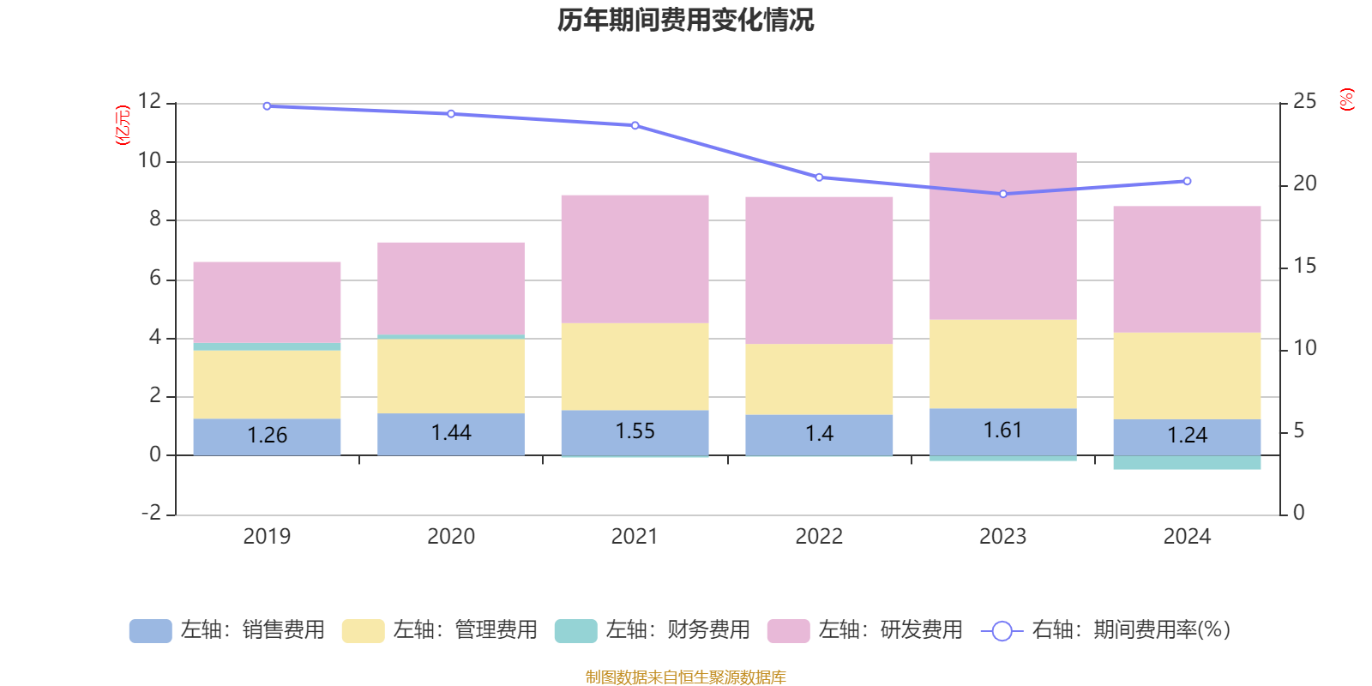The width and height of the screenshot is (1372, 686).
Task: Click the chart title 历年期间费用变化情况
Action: (x=685, y=20)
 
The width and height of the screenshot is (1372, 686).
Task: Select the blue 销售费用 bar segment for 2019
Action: (x=267, y=436)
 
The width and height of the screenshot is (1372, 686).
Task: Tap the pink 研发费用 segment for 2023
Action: (x=1002, y=236)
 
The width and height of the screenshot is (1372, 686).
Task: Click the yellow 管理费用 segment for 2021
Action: (x=635, y=366)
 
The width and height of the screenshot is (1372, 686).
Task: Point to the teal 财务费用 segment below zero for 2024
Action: (x=1187, y=463)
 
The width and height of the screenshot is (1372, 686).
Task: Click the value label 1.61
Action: (x=1002, y=430)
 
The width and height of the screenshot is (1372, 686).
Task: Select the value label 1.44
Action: (x=451, y=433)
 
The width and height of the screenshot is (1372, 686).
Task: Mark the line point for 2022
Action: (x=819, y=178)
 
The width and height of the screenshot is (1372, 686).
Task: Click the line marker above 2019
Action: (x=267, y=106)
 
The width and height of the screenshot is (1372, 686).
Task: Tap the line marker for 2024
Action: (x=1187, y=181)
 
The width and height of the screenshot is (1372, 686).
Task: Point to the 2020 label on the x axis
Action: (x=451, y=537)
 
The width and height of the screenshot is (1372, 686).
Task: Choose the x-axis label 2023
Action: (x=1002, y=537)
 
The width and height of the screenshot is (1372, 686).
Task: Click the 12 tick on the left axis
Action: (x=149, y=101)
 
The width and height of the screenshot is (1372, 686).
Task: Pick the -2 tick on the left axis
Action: (x=152, y=513)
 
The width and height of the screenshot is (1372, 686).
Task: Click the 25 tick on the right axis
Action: (x=1304, y=101)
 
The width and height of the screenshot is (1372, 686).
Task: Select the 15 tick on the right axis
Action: (x=1304, y=266)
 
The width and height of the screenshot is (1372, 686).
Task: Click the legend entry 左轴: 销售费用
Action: (x=227, y=630)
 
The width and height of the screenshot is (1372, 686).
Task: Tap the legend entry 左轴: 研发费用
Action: (x=865, y=630)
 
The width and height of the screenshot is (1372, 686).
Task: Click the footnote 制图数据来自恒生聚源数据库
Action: (x=685, y=677)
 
